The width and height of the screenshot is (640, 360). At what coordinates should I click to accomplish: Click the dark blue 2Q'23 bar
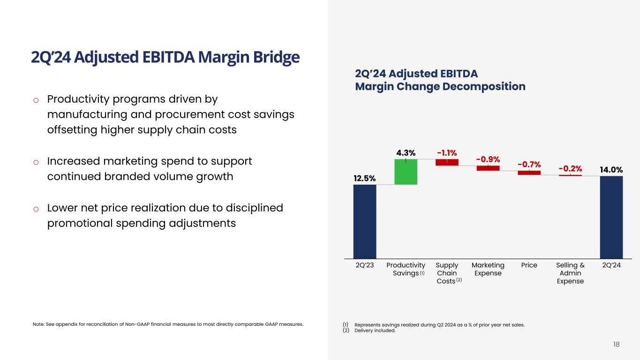[364, 221]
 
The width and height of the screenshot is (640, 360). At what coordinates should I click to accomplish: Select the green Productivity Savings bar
[406, 172]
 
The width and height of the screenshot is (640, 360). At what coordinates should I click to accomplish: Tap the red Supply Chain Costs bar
[447, 162]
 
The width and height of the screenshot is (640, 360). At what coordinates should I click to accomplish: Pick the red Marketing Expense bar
[488, 168]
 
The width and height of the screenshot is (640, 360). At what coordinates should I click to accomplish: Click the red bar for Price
[529, 172]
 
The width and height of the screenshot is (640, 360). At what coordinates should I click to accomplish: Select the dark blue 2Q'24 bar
[611, 217]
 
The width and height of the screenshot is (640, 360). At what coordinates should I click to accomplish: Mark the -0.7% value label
[529, 164]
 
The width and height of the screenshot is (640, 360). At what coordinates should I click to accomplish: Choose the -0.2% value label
[570, 168]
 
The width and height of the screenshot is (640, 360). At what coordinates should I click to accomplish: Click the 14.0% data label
[611, 169]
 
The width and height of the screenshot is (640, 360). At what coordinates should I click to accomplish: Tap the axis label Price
[529, 265]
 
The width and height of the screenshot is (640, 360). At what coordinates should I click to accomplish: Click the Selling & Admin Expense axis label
[570, 273]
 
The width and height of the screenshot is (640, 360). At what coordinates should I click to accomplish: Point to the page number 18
[616, 345]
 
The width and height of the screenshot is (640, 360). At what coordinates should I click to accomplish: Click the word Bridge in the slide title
[274, 57]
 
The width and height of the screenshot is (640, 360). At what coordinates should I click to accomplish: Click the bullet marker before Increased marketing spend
[36, 162]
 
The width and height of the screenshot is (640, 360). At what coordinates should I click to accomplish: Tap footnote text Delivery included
[375, 330]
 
